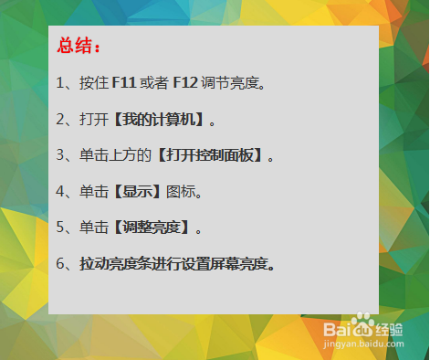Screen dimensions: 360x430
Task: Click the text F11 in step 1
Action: click(123, 83)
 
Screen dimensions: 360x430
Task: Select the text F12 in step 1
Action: click(185, 83)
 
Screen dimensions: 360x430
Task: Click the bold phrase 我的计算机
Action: click(160, 120)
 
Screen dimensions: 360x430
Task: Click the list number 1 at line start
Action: click(59, 83)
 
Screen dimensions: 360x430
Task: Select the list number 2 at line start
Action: click(60, 120)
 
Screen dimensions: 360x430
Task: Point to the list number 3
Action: click(60, 155)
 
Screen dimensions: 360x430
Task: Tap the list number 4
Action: click(60, 192)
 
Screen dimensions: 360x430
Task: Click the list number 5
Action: click(60, 228)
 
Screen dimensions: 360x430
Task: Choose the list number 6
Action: click(60, 264)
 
